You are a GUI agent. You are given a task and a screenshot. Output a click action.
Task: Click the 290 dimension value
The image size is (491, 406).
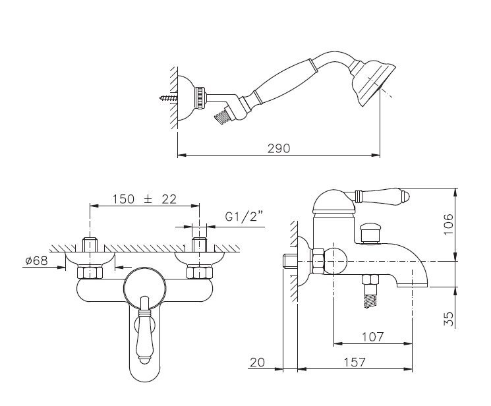click(x=279, y=148)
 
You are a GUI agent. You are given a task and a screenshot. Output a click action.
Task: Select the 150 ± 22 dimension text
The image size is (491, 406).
click(x=144, y=199)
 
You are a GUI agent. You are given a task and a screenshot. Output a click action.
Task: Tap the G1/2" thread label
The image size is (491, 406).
click(x=244, y=216)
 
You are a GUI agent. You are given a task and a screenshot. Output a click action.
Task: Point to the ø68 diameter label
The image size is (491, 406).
click(x=37, y=260)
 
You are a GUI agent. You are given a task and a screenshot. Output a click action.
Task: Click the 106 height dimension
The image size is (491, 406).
click(x=448, y=224)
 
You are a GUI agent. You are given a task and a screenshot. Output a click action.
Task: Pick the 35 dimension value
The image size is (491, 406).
click(x=449, y=319)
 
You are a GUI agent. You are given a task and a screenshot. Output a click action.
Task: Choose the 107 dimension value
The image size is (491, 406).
click(x=372, y=337)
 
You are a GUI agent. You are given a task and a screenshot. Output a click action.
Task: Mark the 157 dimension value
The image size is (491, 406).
click(x=355, y=362)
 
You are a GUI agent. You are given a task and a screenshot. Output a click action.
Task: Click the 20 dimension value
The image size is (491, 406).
click(x=258, y=362)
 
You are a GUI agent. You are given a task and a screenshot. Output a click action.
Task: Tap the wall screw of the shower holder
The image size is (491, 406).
click(x=168, y=98)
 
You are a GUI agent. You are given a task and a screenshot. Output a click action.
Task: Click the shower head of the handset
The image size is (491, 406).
click(x=373, y=82)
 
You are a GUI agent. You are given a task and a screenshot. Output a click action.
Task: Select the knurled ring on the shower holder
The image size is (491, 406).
click(x=200, y=98)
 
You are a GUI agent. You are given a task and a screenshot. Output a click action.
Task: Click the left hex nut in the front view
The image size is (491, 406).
click(x=90, y=272)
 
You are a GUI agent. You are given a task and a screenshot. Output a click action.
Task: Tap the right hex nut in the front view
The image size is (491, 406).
click(x=200, y=272)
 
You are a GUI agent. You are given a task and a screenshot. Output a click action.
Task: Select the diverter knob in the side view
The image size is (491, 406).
click(x=370, y=233)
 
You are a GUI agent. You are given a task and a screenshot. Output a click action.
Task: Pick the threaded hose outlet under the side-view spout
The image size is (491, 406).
click(x=370, y=291)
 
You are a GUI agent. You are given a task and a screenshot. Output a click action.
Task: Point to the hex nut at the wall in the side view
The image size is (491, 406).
click(x=318, y=261)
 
